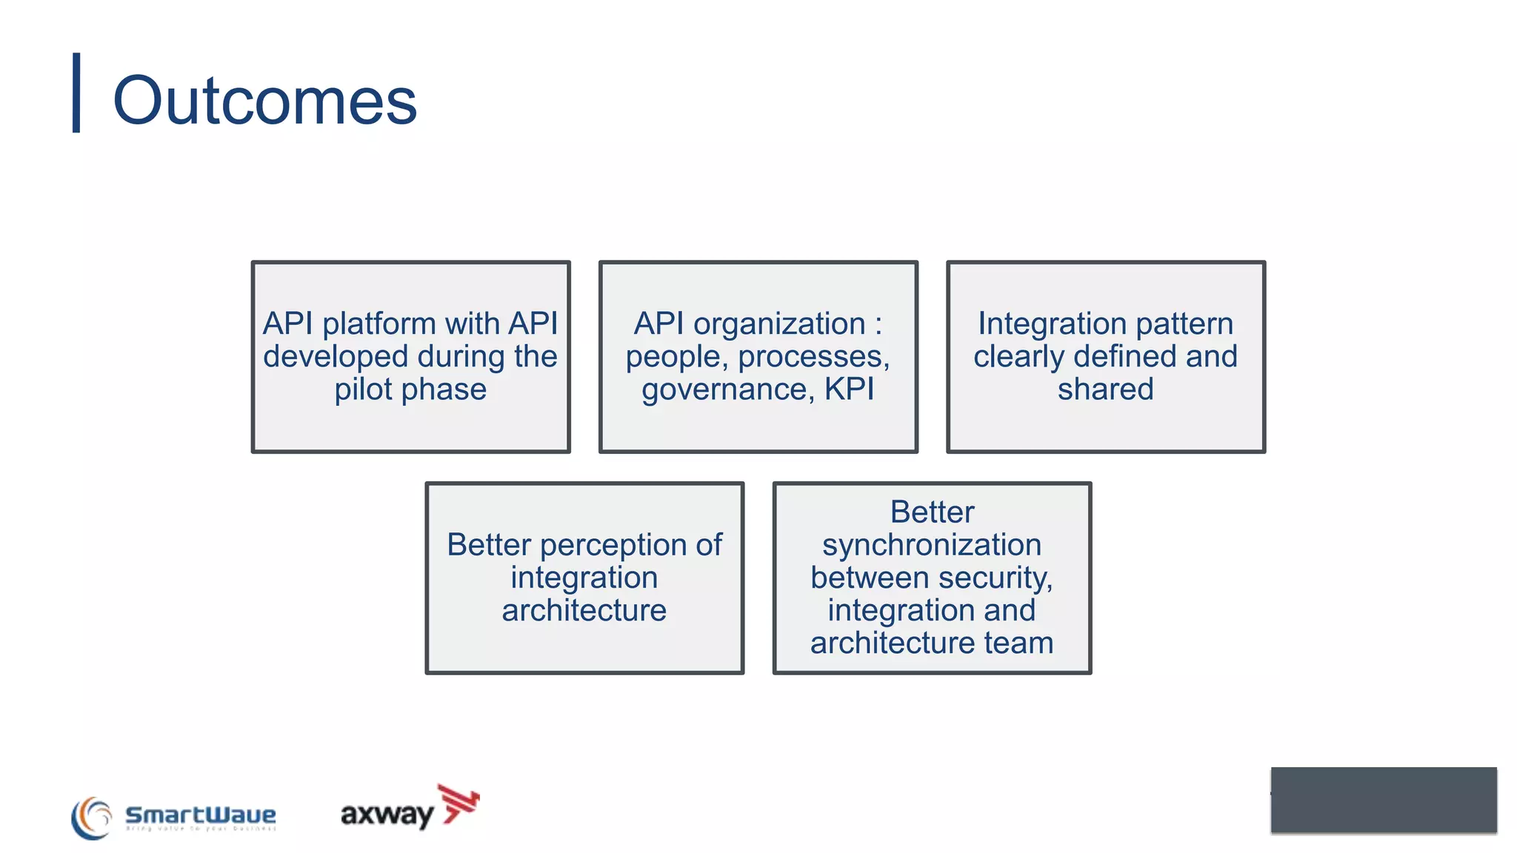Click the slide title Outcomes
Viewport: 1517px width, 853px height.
(x=264, y=101)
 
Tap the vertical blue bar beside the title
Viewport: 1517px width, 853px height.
(x=76, y=93)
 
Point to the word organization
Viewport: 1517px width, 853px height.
(x=779, y=324)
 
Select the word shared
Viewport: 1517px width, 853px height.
(x=1105, y=389)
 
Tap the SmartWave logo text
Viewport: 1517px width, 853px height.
(x=200, y=815)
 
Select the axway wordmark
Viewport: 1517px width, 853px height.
(x=387, y=814)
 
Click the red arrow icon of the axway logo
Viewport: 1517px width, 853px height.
(x=460, y=803)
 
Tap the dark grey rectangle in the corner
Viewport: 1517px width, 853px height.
(x=1383, y=800)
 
